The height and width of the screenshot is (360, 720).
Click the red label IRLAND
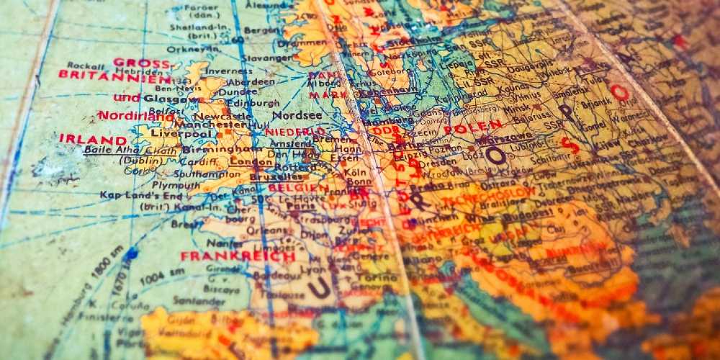(93, 138)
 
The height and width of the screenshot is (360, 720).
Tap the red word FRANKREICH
(238, 256)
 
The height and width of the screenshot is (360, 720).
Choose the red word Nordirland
(136, 115)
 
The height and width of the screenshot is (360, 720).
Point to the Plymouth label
(176, 184)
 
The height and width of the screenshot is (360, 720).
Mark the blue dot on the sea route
(130, 253)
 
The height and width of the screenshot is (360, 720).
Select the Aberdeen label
(250, 82)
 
